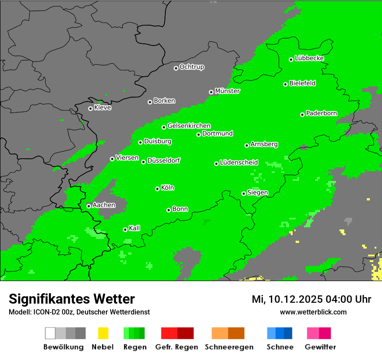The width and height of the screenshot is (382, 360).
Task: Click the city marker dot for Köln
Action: (x=157, y=189)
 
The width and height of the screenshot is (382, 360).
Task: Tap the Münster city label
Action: (x=227, y=91)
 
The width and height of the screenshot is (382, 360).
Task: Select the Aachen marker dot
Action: (x=89, y=206)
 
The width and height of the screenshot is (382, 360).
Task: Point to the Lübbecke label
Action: (x=309, y=58)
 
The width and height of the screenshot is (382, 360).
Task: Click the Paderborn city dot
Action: (x=302, y=115)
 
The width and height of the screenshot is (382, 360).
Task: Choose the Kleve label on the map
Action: (x=102, y=108)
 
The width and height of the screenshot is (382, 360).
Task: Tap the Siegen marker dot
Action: (x=244, y=193)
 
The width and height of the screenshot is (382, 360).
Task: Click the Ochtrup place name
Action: (x=191, y=67)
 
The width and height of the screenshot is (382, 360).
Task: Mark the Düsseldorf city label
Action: (x=164, y=160)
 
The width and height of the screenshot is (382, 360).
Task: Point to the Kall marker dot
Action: (x=125, y=229)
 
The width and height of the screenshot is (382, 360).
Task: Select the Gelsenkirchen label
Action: (x=189, y=126)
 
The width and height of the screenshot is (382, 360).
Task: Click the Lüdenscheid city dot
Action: (x=216, y=164)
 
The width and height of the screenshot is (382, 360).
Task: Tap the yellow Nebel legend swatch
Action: (x=103, y=333)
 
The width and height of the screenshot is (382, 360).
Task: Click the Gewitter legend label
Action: (x=320, y=347)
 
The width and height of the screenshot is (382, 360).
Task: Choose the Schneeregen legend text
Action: (x=229, y=347)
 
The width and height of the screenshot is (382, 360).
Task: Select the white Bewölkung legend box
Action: (x=50, y=333)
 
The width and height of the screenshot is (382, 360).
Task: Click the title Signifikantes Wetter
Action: (x=72, y=299)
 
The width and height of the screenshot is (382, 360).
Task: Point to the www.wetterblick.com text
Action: (x=313, y=312)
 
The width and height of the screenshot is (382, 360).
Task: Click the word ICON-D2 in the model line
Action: (x=44, y=312)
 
